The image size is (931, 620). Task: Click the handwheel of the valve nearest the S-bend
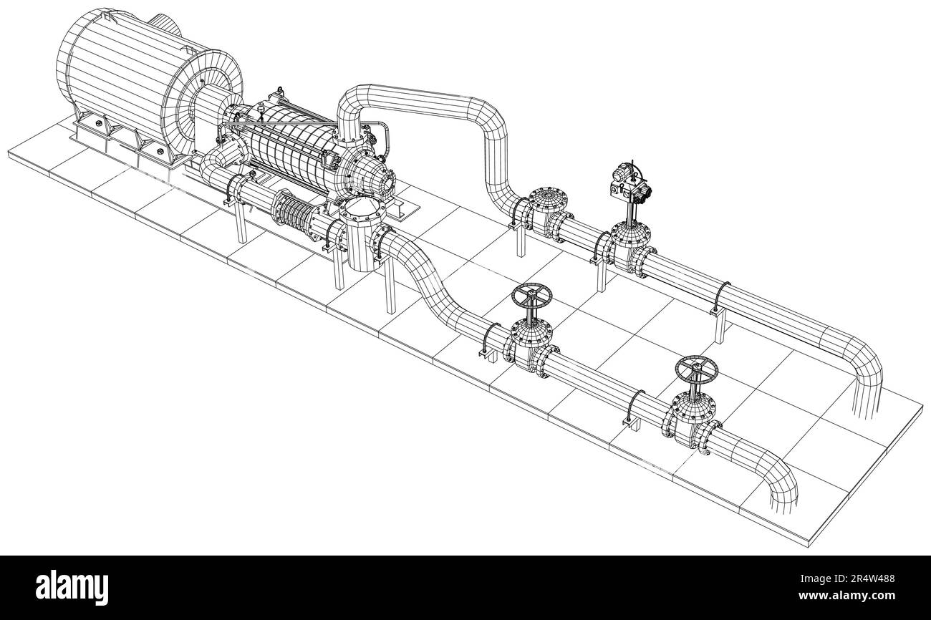pos(531,295)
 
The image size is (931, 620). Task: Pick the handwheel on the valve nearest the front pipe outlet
pos(695,369)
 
